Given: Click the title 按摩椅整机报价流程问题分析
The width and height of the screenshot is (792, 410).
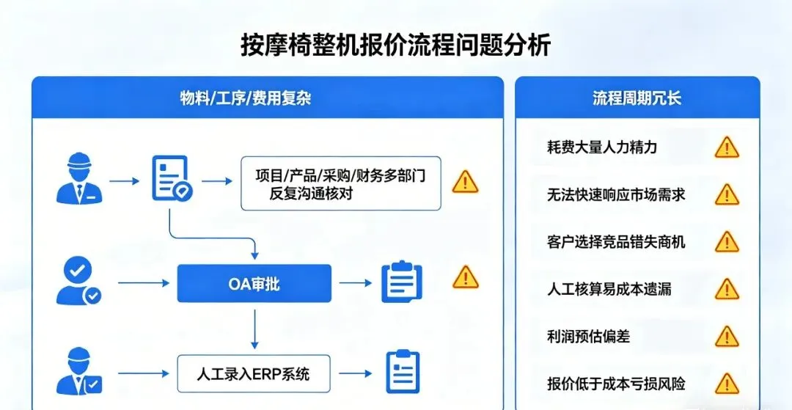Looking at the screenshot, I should click(x=395, y=45).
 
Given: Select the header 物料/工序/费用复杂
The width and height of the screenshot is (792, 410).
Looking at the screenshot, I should click(x=246, y=98).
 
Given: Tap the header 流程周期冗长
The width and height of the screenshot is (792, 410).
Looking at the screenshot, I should click(x=637, y=98).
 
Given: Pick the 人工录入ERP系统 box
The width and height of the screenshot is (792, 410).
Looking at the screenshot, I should click(x=254, y=374).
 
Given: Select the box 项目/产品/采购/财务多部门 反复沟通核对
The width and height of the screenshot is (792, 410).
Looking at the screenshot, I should click(x=341, y=183).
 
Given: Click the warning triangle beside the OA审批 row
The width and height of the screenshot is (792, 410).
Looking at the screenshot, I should click(x=465, y=277).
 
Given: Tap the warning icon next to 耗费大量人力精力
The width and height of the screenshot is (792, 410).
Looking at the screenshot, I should click(x=727, y=147).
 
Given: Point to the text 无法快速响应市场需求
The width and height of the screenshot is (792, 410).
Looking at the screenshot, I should click(x=616, y=194).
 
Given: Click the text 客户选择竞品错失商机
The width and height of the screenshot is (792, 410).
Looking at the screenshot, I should click(x=616, y=241).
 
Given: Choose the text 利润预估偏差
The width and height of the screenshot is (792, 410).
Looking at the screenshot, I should click(x=588, y=337).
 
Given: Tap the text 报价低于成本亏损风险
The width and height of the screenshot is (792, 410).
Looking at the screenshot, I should click(x=616, y=384).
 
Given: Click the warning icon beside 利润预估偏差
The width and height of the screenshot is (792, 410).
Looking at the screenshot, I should click(x=727, y=337).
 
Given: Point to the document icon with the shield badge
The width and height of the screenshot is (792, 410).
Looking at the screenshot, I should click(x=171, y=179).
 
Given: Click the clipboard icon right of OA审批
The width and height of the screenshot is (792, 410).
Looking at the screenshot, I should click(x=402, y=282).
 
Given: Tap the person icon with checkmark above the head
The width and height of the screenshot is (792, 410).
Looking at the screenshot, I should click(x=78, y=281).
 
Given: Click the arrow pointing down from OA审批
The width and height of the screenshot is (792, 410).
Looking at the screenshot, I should click(x=254, y=329).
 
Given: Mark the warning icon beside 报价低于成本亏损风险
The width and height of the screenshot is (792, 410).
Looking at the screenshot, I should click(x=727, y=384).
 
